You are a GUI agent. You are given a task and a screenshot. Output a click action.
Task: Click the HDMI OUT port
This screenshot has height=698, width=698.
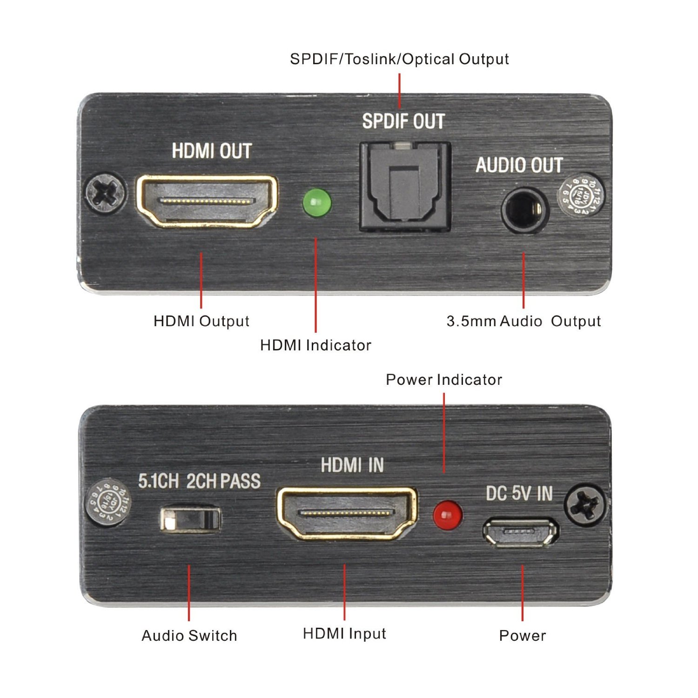click(207, 201)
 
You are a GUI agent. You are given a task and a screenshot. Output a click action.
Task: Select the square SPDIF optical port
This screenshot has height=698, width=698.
click(404, 187)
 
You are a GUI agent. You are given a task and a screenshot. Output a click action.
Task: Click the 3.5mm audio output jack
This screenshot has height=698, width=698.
click(524, 210)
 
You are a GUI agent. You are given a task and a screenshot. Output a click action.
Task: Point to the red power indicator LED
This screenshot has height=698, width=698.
click(447, 515)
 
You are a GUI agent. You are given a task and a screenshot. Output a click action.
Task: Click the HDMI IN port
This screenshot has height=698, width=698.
click(347, 513)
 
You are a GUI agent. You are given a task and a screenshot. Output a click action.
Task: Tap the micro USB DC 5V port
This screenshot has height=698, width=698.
click(521, 532)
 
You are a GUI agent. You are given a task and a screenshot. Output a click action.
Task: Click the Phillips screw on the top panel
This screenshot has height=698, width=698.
click(106, 193)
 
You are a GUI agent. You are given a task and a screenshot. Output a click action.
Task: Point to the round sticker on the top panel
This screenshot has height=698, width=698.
click(578, 195)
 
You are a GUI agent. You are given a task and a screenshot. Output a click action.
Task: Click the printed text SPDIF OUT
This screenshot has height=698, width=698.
click(403, 121)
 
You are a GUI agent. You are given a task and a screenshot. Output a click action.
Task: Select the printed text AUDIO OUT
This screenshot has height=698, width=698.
click(519, 165)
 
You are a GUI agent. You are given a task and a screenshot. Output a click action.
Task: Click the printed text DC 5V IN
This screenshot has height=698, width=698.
click(519, 494)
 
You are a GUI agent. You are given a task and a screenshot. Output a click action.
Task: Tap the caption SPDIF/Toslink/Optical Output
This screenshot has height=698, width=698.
click(399, 59)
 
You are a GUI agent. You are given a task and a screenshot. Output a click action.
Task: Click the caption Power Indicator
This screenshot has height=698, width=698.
click(444, 380)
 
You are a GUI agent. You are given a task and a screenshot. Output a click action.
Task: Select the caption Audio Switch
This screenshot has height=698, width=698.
click(189, 636)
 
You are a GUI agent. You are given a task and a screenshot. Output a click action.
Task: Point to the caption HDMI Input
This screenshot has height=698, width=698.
click(344, 634)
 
